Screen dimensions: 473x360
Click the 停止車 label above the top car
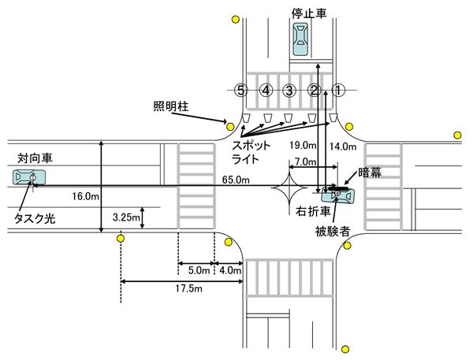pyautogui.click(x=309, y=13)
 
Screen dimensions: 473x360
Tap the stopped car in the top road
pyautogui.click(x=300, y=39)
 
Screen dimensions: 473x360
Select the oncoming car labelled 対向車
pyautogui.click(x=29, y=177)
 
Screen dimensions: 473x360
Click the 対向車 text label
pyautogui.click(x=35, y=158)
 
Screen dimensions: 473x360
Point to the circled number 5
pyautogui.click(x=241, y=90)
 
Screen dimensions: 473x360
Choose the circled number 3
pyautogui.click(x=289, y=90)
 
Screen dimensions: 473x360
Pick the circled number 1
pyautogui.click(x=338, y=90)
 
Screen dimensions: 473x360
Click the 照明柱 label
pyautogui.click(x=171, y=106)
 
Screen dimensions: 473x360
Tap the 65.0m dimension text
pyautogui.click(x=236, y=180)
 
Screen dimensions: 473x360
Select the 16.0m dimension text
pyautogui.click(x=85, y=196)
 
